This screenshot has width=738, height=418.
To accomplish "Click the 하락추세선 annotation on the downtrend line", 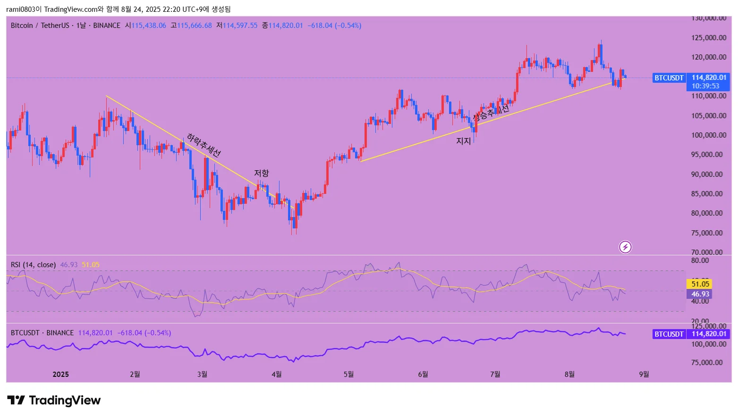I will pos(204,145).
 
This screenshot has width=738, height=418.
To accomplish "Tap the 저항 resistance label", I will pos(261,173).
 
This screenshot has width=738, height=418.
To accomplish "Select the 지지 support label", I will pos(463,141).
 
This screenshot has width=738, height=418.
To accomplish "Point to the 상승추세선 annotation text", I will pos(491,112).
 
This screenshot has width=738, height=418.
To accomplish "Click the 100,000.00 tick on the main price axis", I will pos(708,135).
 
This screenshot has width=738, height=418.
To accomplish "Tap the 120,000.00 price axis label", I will pos(708,57).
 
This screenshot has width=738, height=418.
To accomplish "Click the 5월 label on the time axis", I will pos(348,374).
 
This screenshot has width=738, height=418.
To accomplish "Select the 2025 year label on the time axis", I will pos(60,374).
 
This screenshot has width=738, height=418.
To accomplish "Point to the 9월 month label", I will pos(644,374).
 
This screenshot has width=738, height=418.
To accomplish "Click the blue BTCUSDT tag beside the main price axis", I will pos(669,78).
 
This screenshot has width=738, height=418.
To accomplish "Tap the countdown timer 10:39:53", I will pos(705,86).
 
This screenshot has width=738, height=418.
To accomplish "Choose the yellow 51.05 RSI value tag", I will pos(700,284).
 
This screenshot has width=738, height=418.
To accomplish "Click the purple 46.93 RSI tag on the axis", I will pos(700,294).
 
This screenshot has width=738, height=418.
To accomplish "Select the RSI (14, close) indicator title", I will pos(33,265).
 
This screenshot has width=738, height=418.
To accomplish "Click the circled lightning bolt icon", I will pos(625,247).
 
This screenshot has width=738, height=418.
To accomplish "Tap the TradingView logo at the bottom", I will pos(54,401).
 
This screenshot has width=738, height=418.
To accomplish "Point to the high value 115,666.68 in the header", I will pos(194,26).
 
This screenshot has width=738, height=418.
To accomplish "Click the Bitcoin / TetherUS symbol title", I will pos(40,26).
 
